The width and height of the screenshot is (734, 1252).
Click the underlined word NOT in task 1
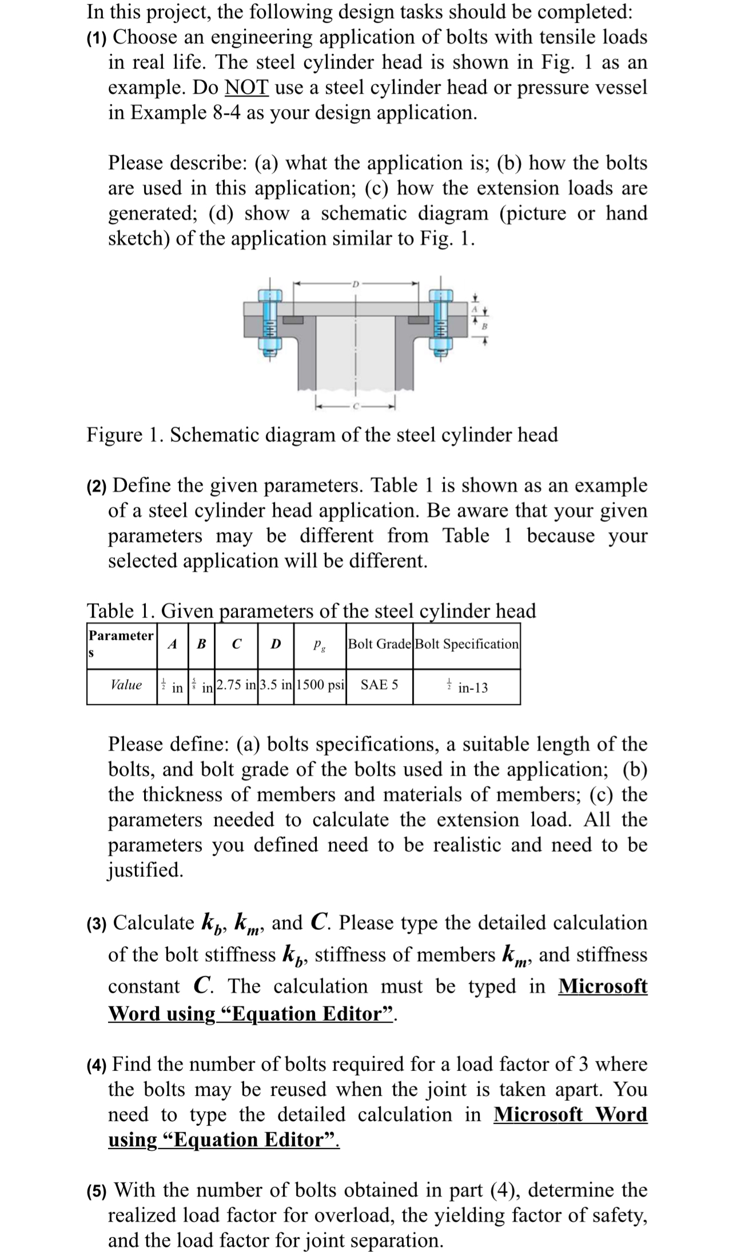coord(247,87)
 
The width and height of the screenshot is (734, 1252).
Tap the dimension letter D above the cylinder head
coord(356,283)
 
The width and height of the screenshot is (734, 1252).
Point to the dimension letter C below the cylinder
coord(356,407)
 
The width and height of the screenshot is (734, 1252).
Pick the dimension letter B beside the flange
coord(484,327)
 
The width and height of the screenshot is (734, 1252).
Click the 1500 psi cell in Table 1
coord(320,685)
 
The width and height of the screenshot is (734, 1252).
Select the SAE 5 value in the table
coord(378,685)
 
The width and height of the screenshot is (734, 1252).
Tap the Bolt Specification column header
coord(466,644)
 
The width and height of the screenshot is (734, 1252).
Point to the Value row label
coord(126,685)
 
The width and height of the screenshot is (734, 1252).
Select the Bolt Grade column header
coord(379,644)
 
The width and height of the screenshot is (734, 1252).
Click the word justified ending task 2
coord(146,870)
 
